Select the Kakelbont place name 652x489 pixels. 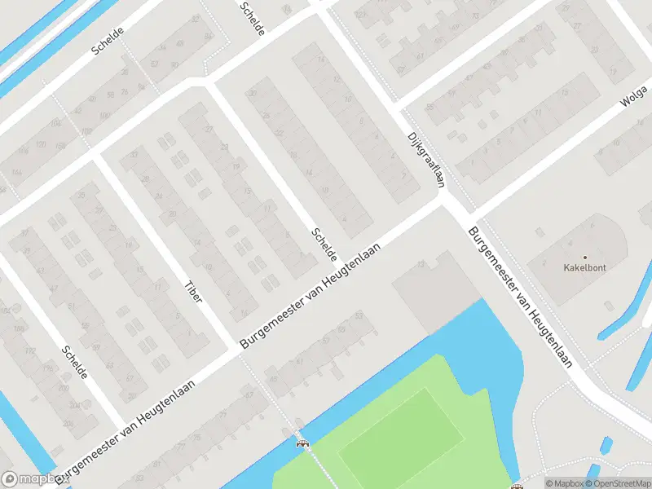584,267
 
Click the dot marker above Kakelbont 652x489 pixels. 584,256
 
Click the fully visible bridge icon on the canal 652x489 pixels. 302,443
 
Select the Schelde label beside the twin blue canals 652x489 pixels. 108,39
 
